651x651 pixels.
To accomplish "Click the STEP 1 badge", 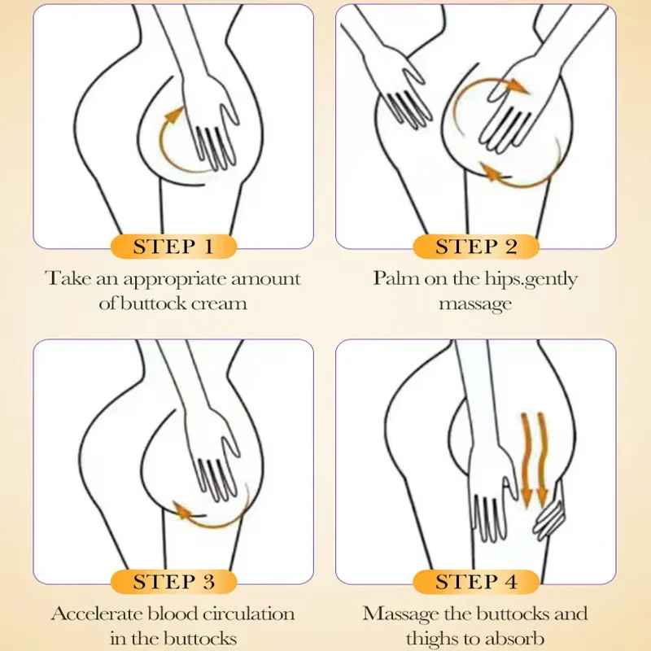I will coord(173,247).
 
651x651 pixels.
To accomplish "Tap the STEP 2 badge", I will coord(476,247).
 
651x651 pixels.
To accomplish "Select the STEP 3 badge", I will coord(173,581).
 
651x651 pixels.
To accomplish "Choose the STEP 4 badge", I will coord(476,581).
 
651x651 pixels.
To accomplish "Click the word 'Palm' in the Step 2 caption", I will coord(394,278).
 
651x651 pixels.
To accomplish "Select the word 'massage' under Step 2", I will coord(476,304).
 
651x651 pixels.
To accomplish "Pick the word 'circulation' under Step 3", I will coord(244,613).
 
